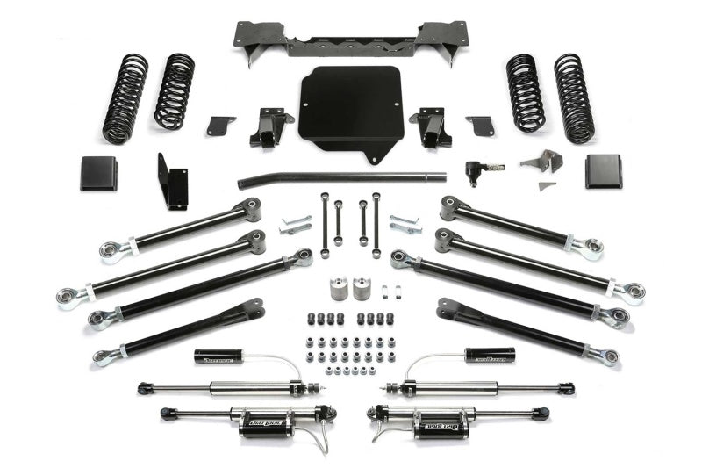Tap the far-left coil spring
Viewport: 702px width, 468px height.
click(125, 98)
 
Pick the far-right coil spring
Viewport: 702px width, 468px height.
click(574, 98)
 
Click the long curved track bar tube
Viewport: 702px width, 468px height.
click(342, 178)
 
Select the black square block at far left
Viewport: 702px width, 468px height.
click(98, 173)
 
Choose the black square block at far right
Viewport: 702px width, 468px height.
click(604, 171)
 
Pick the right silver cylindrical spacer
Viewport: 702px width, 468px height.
click(361, 289)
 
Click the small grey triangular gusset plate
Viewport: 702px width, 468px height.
click(546, 186)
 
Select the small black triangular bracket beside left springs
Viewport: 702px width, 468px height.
click(221, 125)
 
